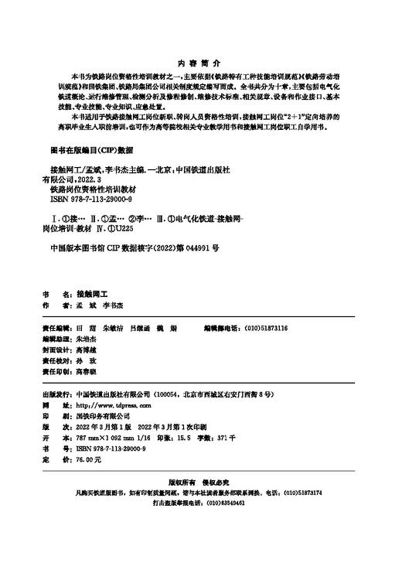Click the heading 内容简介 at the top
pyautogui.click(x=200, y=61)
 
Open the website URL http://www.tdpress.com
pyautogui.click(x=113, y=404)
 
